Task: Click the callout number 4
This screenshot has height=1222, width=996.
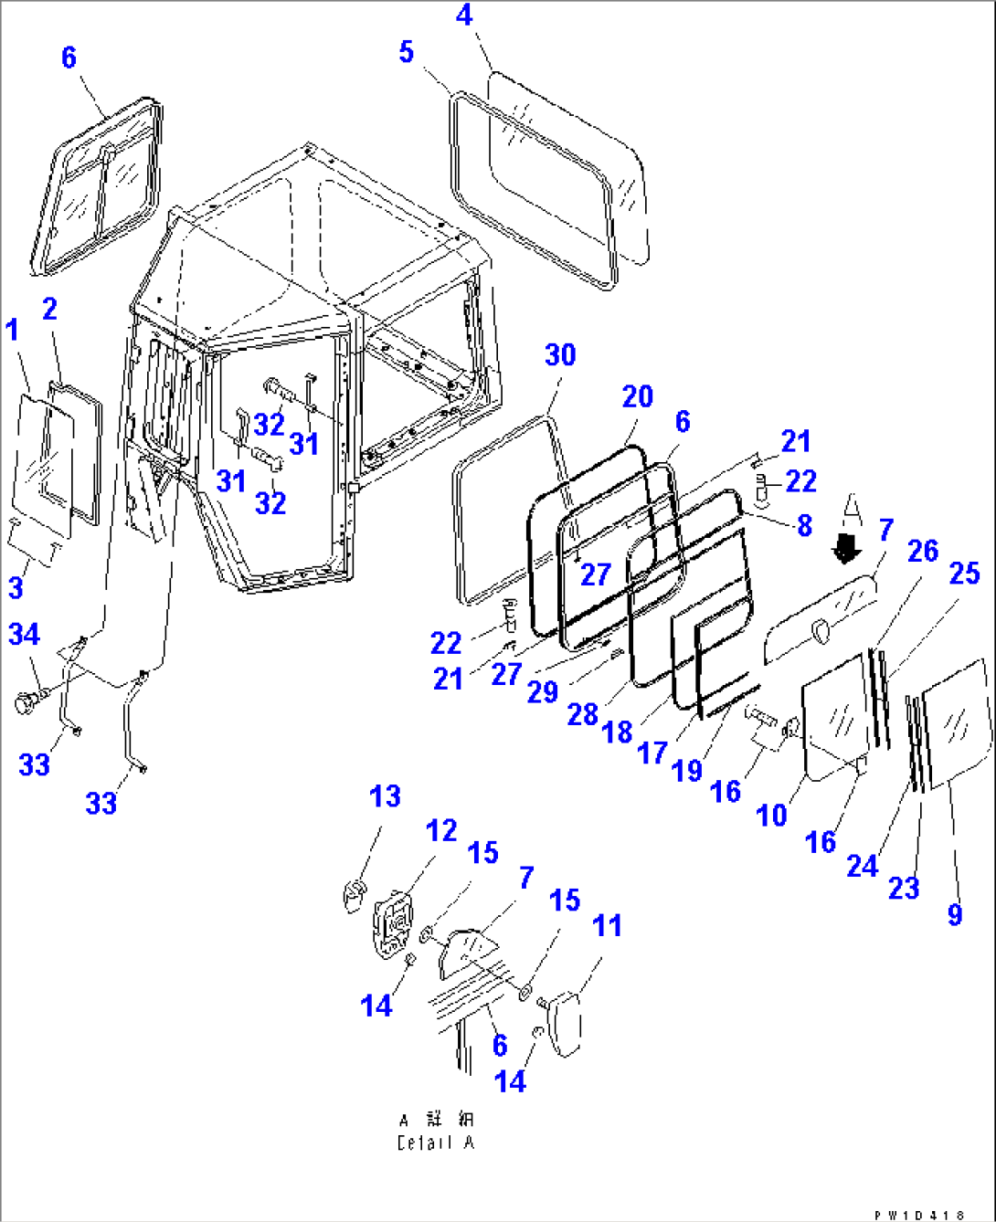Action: [464, 16]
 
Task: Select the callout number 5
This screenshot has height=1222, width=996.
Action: [407, 52]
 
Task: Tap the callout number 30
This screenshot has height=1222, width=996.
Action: [560, 355]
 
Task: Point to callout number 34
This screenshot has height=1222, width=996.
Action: [25, 634]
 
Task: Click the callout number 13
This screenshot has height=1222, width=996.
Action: [385, 796]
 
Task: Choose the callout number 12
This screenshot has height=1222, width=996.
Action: [441, 831]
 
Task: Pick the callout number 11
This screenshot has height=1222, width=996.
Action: [607, 926]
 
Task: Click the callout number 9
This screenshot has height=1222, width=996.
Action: [955, 914]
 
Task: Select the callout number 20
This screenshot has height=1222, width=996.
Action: [638, 397]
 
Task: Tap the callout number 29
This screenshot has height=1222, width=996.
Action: [542, 691]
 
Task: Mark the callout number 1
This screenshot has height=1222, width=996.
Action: [13, 330]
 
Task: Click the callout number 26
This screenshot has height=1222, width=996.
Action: [923, 552]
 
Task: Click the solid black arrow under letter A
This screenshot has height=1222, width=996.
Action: [848, 549]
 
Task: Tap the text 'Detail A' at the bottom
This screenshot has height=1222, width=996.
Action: [436, 1143]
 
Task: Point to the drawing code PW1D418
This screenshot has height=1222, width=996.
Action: [919, 1215]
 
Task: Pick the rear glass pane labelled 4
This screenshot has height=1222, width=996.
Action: [567, 164]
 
